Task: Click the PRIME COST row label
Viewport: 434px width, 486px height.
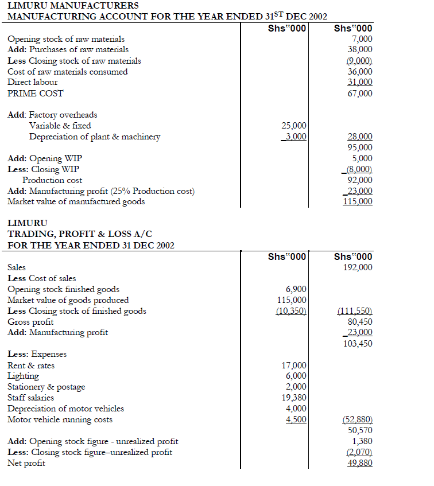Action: tap(36, 94)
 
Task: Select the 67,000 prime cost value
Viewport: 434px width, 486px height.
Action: tap(360, 94)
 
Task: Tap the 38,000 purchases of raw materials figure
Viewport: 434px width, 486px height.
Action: tap(360, 50)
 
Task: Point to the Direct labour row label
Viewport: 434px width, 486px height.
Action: tap(33, 83)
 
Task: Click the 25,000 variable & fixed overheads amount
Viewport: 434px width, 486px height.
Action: tap(294, 126)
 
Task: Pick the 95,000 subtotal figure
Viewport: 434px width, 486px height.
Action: tap(360, 147)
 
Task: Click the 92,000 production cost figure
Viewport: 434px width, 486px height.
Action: tap(360, 180)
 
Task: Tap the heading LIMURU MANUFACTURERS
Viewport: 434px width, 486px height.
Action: tap(73, 5)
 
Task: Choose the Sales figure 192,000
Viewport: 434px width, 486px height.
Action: tap(358, 267)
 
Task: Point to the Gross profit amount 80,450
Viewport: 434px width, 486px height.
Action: tap(360, 322)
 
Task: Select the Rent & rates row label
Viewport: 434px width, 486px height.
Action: tap(31, 366)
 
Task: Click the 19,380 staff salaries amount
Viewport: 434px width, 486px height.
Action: tap(294, 398)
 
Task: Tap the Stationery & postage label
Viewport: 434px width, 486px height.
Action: tap(46, 387)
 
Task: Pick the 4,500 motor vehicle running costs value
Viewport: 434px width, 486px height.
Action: tap(296, 419)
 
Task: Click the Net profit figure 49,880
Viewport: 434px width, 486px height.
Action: tap(360, 463)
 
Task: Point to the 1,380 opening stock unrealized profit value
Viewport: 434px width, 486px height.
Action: tap(362, 441)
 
